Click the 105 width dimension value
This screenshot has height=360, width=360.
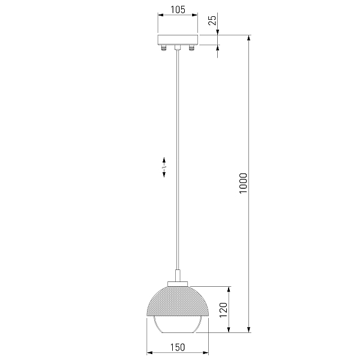(178, 10)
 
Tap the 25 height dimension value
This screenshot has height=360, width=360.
(212, 20)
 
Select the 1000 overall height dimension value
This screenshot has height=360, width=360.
(243, 184)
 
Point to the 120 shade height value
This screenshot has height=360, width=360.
(223, 310)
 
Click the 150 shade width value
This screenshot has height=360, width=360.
(178, 347)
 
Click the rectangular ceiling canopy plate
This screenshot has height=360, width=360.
(178, 40)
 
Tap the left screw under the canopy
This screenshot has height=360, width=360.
(163, 48)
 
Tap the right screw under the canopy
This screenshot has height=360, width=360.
(191, 48)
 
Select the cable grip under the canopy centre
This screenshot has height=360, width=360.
(177, 47)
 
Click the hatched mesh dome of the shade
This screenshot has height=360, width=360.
(178, 301)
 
